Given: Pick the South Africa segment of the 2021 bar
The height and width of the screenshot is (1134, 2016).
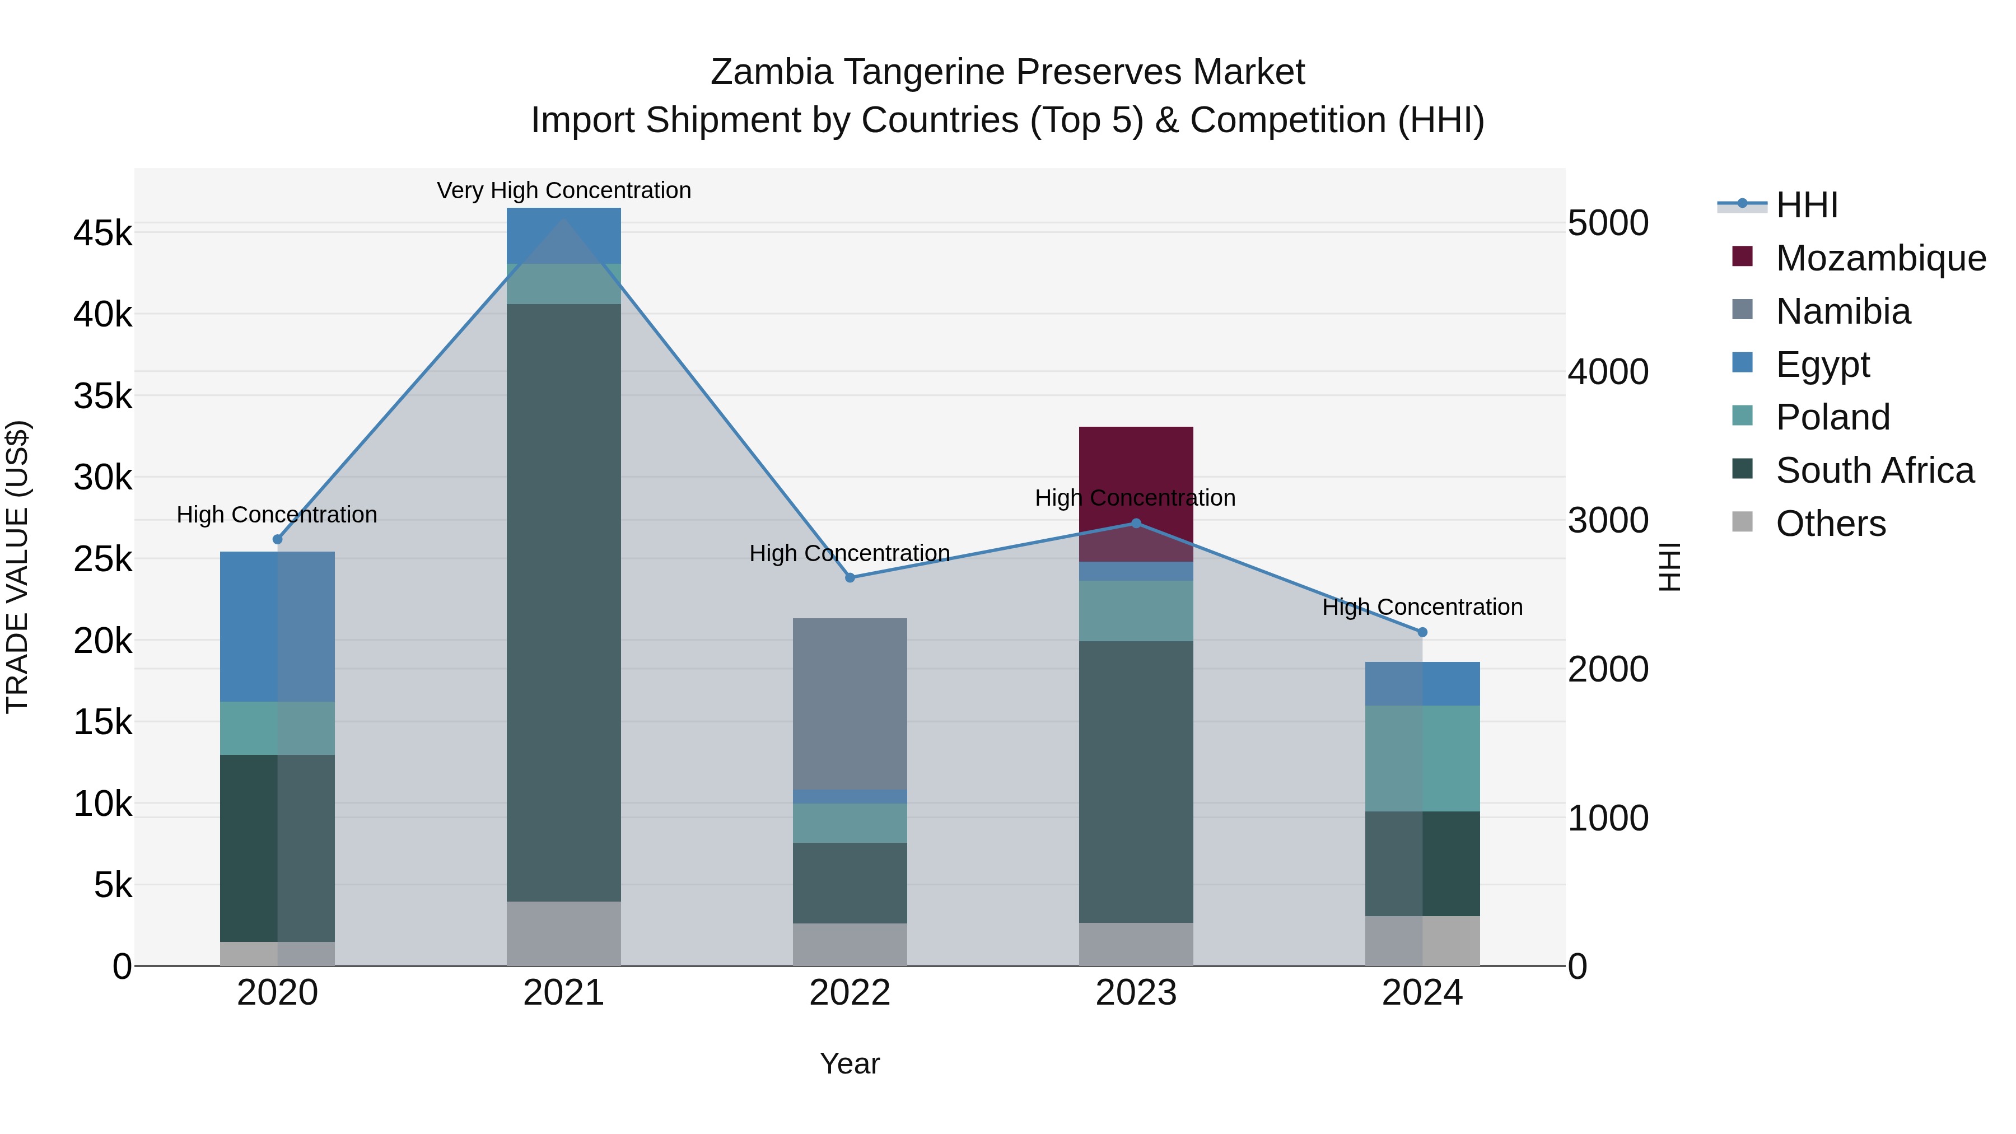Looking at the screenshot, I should (563, 603).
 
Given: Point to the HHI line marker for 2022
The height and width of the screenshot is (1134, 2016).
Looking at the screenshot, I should (850, 577).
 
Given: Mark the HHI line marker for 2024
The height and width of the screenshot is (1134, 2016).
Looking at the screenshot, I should (1422, 632).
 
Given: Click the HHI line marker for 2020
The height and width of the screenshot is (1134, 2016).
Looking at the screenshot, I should (277, 539).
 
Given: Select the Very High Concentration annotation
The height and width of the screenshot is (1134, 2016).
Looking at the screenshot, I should (563, 190).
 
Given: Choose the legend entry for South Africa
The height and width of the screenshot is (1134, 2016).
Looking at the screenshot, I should (1874, 470).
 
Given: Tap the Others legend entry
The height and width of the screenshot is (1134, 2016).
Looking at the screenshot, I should (1830, 524).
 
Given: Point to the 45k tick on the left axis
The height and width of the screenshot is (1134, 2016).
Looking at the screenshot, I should (102, 233).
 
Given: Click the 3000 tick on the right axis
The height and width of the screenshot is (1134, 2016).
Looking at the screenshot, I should (1607, 520).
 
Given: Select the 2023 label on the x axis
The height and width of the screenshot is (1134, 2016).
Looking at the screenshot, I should (1136, 993).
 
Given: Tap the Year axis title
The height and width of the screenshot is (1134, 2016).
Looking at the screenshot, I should (850, 1063).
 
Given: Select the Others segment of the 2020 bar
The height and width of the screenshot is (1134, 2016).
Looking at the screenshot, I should (277, 953).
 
